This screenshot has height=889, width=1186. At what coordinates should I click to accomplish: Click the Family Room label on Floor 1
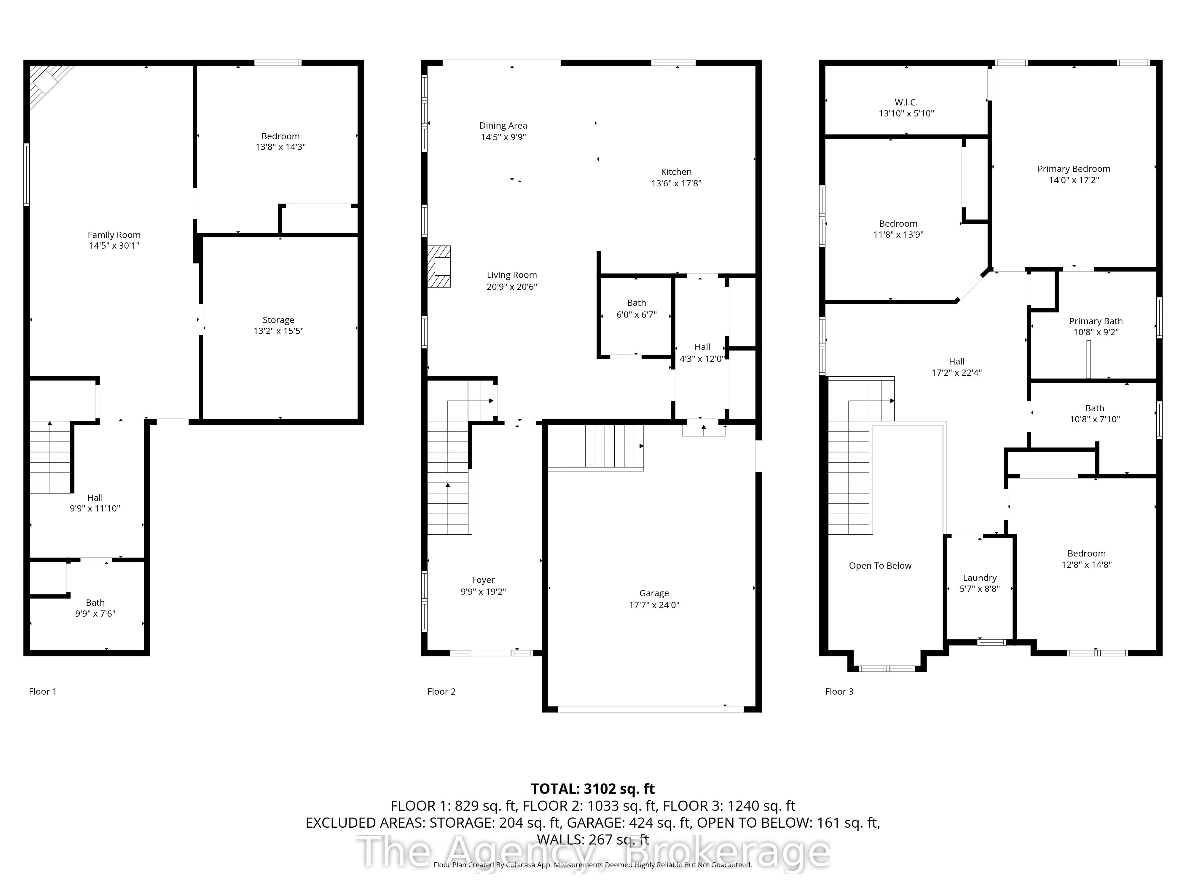[114, 235]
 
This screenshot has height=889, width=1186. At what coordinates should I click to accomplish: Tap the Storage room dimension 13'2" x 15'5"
[278, 331]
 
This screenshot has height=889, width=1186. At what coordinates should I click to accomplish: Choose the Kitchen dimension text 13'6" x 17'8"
[676, 183]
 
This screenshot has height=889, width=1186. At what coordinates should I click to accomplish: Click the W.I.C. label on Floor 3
[906, 102]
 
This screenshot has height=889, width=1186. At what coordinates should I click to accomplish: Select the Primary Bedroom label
[1074, 169]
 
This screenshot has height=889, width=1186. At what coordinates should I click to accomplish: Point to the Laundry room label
[980, 578]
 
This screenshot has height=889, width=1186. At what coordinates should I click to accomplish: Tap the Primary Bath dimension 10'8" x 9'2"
[1095, 332]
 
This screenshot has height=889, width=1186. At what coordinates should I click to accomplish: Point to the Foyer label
[483, 580]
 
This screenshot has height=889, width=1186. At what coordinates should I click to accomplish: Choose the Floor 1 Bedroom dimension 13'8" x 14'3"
[280, 147]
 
